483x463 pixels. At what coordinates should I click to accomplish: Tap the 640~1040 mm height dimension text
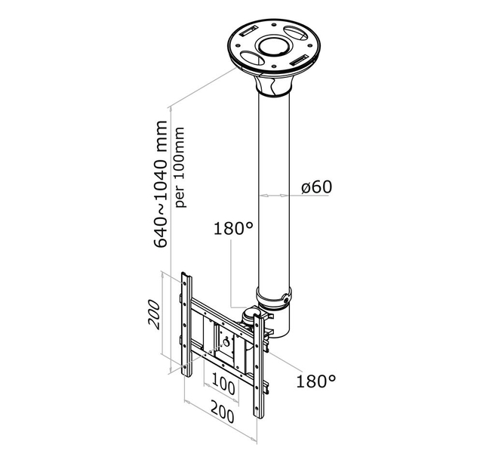(162, 184)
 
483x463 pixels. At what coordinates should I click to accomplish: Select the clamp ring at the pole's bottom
(273, 296)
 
